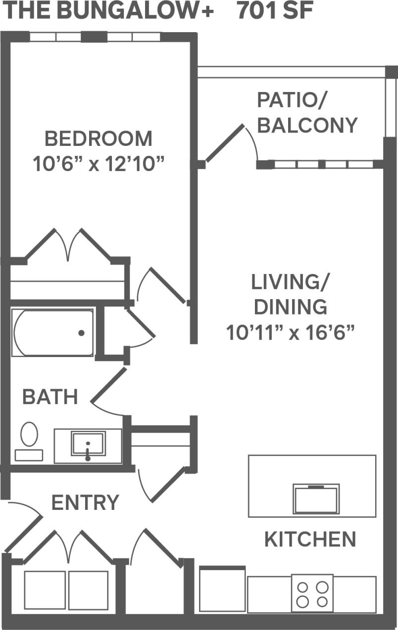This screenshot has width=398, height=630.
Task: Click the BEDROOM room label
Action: point(98,138)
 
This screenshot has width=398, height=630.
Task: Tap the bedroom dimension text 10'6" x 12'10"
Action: point(98,163)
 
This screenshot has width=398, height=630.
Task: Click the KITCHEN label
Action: point(310,539)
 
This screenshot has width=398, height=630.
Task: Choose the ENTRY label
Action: point(85,502)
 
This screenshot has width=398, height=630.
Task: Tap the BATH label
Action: point(50,397)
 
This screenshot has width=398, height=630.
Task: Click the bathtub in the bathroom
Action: point(52,333)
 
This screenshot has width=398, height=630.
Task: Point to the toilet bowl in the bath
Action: point(29,434)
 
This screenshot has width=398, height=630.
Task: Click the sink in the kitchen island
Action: point(316,499)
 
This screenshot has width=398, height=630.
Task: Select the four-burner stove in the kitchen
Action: point(312,593)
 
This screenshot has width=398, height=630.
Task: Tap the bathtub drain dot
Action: point(81,333)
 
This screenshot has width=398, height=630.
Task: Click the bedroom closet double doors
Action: point(68,245)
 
